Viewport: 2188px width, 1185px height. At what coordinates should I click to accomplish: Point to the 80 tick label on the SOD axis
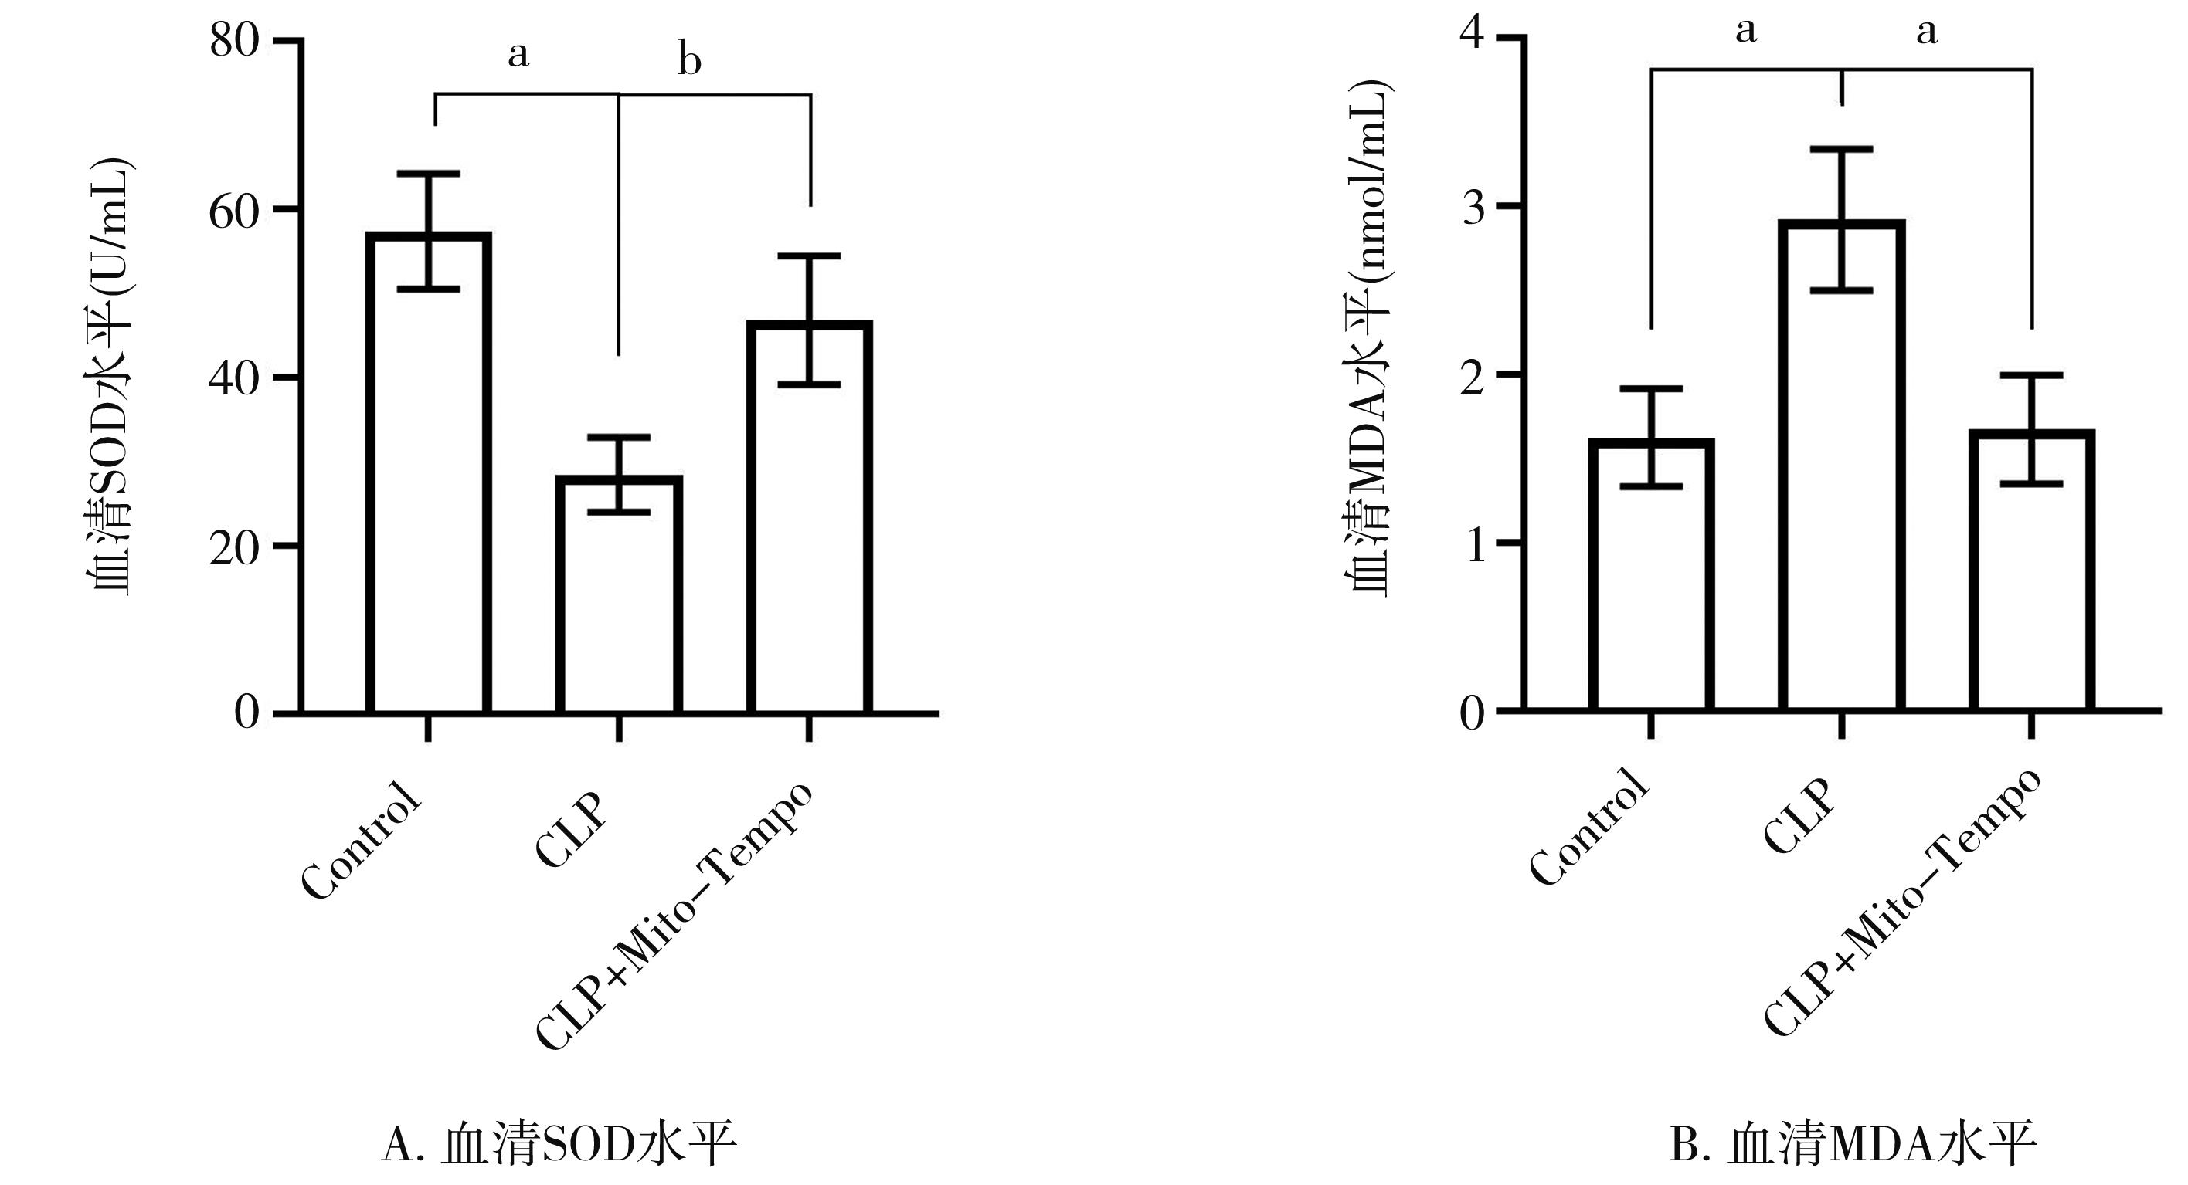coord(234,40)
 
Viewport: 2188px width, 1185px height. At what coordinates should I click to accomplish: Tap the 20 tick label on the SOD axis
coord(234,545)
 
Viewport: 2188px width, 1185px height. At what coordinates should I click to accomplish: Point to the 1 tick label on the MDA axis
coord(1472,543)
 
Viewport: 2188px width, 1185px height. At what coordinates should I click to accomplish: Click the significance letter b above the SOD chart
coord(689,61)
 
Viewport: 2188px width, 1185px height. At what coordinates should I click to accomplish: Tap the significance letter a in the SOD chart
coord(518,56)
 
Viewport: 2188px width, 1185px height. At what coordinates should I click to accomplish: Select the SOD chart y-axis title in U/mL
coord(110,378)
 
